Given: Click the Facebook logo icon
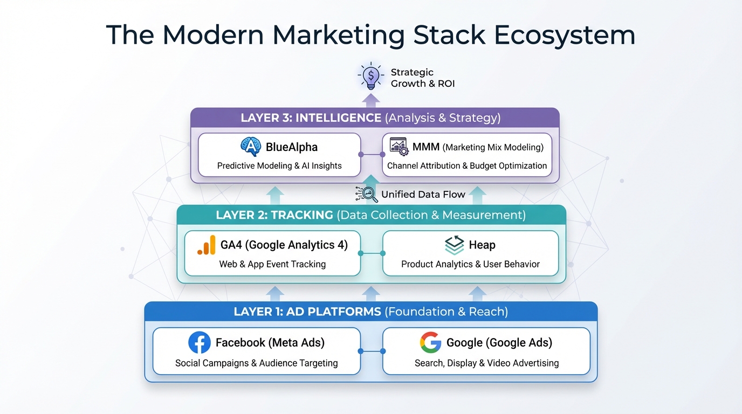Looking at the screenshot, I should pos(199,342).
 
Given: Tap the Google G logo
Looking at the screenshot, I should pos(430,342).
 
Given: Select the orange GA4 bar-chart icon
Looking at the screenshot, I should pos(207,245).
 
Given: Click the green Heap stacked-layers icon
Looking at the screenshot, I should pos(454,245).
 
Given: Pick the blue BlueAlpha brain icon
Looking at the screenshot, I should pos(251,147).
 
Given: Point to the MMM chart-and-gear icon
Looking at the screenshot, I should pos(399,147).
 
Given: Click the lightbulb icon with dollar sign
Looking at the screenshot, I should pos(371,77).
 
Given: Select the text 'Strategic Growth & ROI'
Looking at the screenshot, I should pos(422,78).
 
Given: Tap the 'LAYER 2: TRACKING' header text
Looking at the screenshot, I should pos(274,215).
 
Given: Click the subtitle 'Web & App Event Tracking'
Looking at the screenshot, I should pos(272,264).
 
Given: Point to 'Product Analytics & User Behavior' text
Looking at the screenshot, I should pos(470,264).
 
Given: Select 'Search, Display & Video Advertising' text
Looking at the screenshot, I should pos(486,363).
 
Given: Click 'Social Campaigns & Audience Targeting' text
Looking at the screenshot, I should pos(257,363).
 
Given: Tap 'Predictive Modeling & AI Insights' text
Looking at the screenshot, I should pos(279,165).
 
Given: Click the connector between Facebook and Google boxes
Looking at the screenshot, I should pos(372,351).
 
